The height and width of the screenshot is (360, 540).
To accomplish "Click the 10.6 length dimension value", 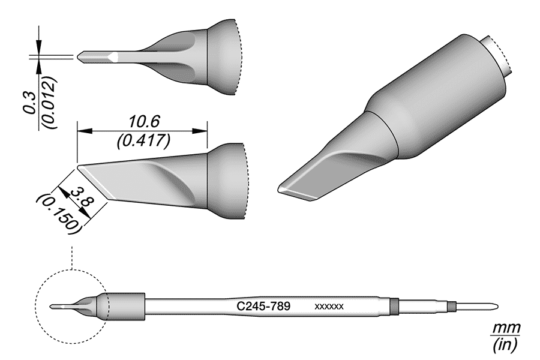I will click(x=142, y=121).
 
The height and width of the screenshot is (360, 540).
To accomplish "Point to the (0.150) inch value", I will click(x=58, y=213).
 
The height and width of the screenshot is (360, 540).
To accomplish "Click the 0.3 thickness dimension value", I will click(x=28, y=106).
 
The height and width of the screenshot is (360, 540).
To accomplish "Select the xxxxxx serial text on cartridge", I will click(x=329, y=307).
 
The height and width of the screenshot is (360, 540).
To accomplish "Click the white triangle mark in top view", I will click(x=113, y=57).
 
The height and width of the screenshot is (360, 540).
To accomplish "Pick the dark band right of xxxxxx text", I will click(x=394, y=306).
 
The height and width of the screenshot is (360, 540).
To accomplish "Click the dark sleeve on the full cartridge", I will click(x=127, y=306).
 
